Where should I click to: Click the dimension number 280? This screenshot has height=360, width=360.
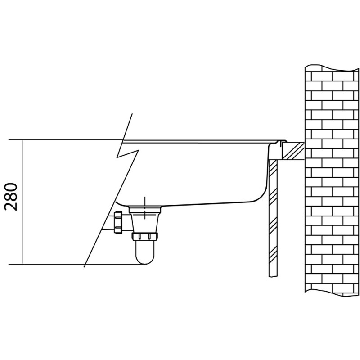(11, 197)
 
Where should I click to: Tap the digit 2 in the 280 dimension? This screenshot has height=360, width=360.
(11, 207)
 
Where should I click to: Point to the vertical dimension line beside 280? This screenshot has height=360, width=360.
(22, 202)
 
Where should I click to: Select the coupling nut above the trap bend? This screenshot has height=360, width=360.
(145, 237)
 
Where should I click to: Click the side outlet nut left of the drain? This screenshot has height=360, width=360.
(118, 222)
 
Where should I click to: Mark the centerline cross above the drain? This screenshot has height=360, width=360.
(145, 207)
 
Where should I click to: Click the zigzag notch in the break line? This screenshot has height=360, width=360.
(128, 153)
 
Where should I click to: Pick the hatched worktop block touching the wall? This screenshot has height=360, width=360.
(293, 151)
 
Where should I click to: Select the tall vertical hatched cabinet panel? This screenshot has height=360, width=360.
(273, 218)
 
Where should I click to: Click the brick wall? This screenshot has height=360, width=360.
(332, 180)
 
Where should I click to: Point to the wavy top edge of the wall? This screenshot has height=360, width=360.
(332, 67)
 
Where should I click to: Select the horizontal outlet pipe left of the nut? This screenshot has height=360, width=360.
(108, 222)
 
